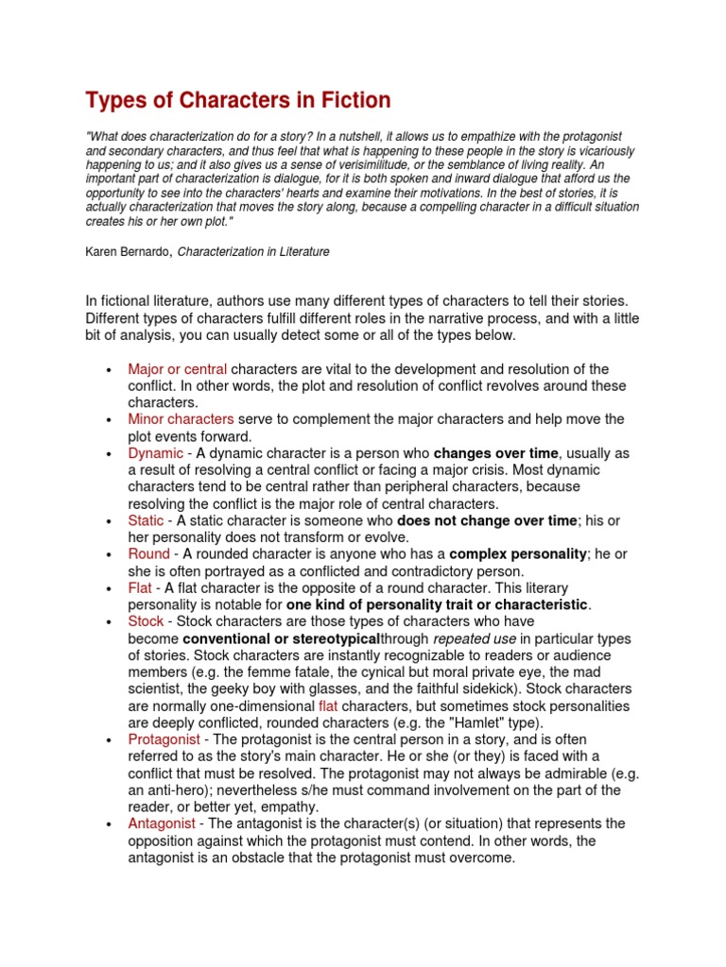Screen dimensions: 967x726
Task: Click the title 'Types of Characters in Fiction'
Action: tap(237, 100)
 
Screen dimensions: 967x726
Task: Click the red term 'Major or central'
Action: tap(178, 368)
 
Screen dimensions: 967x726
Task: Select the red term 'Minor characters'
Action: tap(181, 418)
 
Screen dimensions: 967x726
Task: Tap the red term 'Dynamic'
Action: tap(156, 453)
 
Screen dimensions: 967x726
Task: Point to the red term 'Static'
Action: tap(146, 520)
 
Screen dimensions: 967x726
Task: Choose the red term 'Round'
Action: tap(149, 553)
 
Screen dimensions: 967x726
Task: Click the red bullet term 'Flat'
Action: tap(139, 587)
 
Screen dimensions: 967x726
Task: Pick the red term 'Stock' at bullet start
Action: tap(146, 621)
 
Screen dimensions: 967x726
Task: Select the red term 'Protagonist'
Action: tap(166, 739)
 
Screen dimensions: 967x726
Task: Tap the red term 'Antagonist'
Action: tap(162, 823)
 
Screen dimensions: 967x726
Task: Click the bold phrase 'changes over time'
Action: tap(496, 453)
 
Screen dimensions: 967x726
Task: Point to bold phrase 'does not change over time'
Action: tap(486, 520)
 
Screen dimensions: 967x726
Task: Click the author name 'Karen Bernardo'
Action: tap(128, 252)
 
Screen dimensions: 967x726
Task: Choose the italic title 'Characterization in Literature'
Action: tap(254, 252)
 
